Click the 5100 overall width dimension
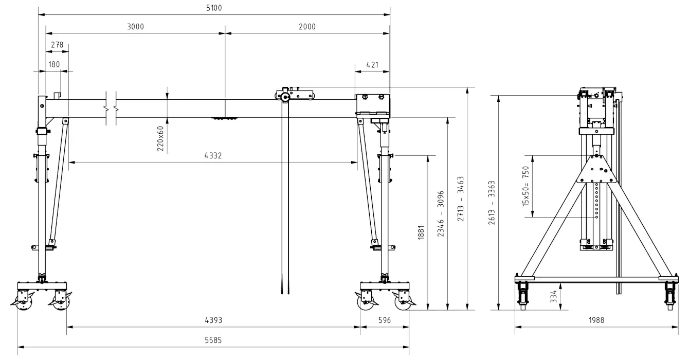214,8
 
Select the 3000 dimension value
136,27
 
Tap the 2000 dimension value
307,27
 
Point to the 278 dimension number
57,45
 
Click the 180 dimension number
54,64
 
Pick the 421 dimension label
372,65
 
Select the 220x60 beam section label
160,138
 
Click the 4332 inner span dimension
213,156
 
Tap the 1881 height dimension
421,232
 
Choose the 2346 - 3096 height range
441,214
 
